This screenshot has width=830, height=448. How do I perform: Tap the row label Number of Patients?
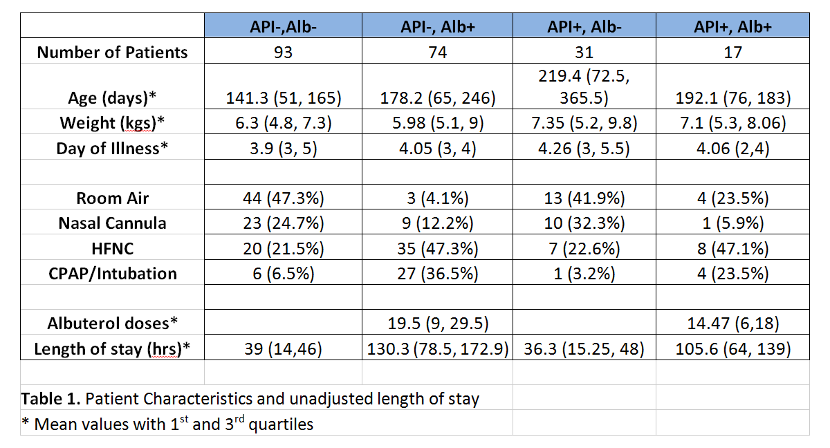pos(112,52)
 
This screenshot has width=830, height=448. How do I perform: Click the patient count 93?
pos(283,52)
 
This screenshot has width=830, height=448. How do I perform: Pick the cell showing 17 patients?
pos(732,52)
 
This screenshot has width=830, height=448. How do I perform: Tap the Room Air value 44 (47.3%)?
pos(283,198)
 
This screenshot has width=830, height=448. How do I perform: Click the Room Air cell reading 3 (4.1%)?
pos(437,198)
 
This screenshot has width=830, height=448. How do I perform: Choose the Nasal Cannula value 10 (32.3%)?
pos(584,223)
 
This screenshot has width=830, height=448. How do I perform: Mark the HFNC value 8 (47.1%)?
pos(732,248)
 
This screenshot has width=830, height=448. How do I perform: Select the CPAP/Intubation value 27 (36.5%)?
pos(437,273)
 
